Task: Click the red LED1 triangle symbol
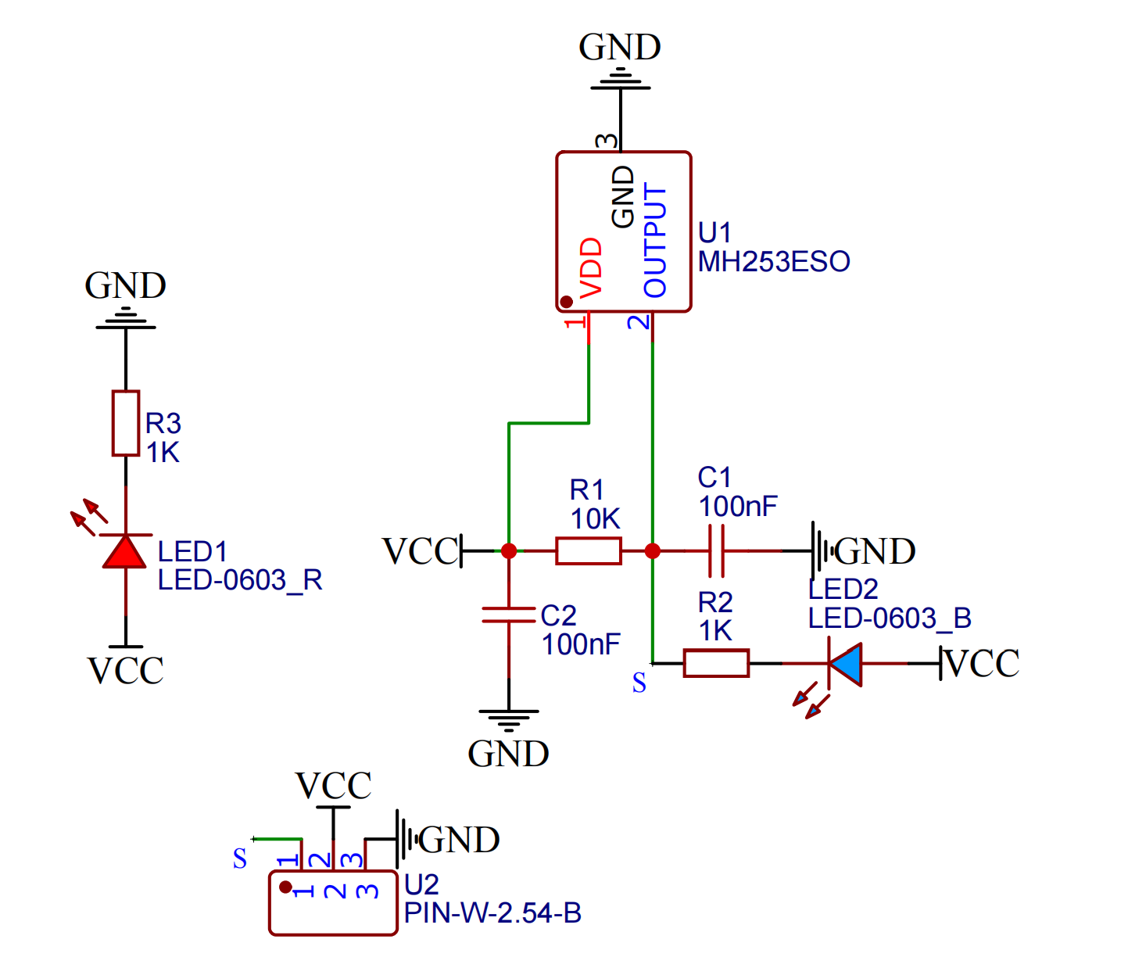tap(125, 551)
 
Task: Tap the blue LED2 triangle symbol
tap(846, 664)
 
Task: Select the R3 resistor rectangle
tap(126, 423)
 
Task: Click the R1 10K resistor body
tap(589, 551)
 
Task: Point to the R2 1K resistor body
tap(716, 663)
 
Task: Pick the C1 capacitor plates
tap(716, 551)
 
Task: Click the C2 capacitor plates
tap(509, 615)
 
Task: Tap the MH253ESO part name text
tap(774, 262)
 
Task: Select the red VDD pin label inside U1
tap(592, 267)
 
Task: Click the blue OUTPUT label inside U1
tap(655, 240)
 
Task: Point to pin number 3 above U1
tap(607, 142)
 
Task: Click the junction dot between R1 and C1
tap(653, 551)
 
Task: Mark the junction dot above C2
tap(509, 551)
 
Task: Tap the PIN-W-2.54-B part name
tap(492, 913)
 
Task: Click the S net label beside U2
tap(240, 859)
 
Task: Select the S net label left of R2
tap(639, 683)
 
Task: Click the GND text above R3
tap(125, 286)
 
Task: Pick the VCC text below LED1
tap(125, 671)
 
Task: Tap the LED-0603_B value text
tap(890, 618)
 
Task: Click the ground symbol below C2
tap(509, 719)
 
